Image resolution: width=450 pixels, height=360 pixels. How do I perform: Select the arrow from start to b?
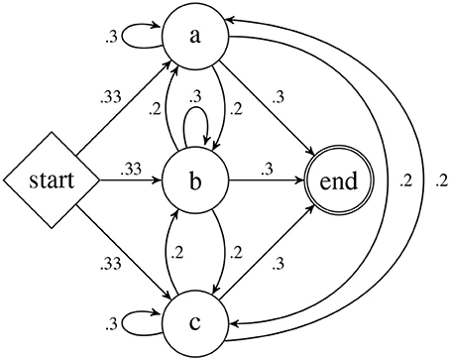click(x=133, y=181)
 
